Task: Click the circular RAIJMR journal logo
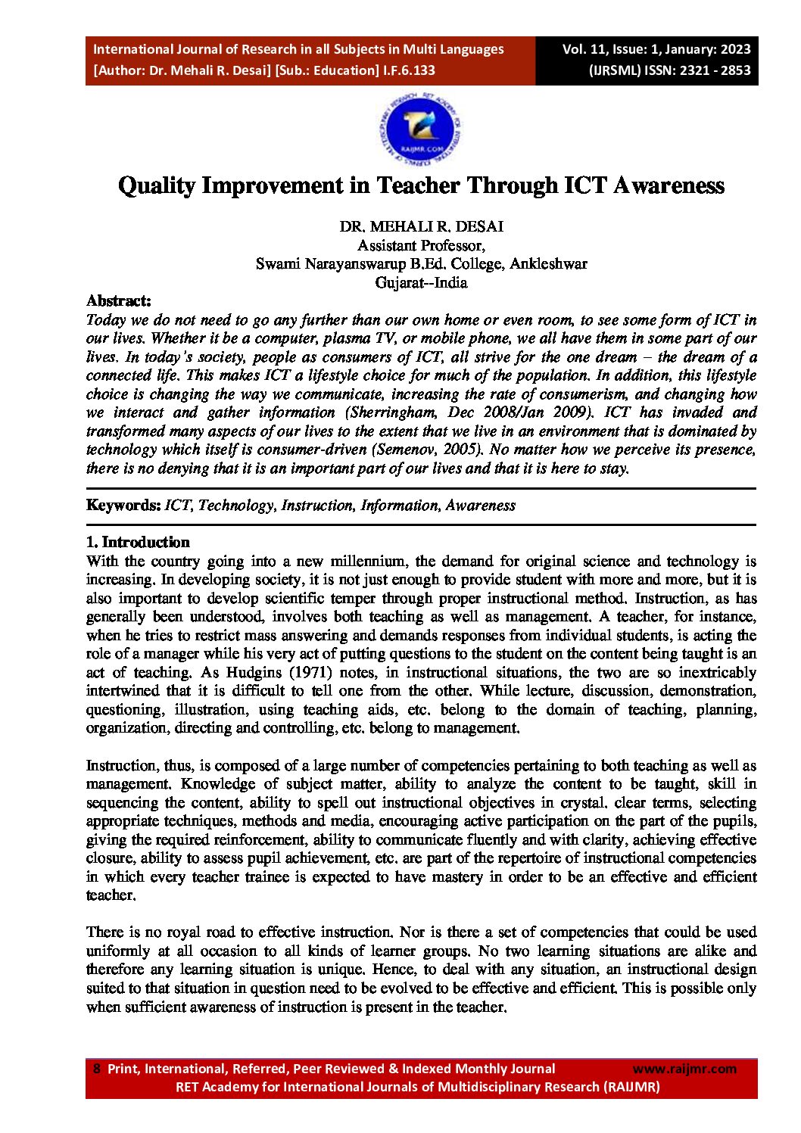(420, 129)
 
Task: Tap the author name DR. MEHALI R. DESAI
(421, 226)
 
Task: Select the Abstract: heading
(119, 301)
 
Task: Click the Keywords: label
(123, 506)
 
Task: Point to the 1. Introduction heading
(138, 542)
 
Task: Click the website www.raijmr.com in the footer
(684, 1069)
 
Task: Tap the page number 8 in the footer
(96, 1069)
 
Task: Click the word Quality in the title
(157, 185)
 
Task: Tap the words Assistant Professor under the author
(421, 245)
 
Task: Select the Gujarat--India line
(421, 283)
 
